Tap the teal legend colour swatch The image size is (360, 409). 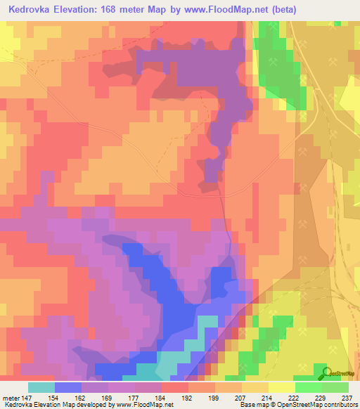(41, 387)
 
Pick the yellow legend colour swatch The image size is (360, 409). (281, 387)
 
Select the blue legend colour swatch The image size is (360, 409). (67, 387)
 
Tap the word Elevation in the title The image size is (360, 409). (82, 9)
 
